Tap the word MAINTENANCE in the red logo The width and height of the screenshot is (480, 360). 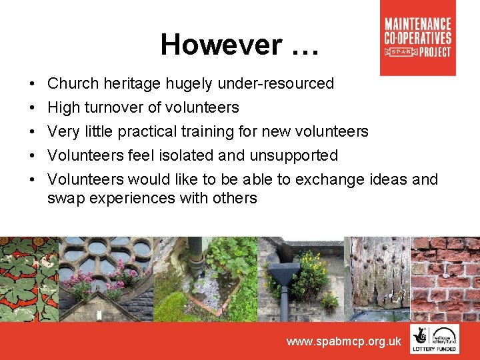point(418,25)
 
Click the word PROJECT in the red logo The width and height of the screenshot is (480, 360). point(435,51)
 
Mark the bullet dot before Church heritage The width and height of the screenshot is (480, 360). point(33,84)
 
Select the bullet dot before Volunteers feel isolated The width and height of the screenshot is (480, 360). point(33,155)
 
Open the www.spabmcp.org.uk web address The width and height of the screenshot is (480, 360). point(343,341)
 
